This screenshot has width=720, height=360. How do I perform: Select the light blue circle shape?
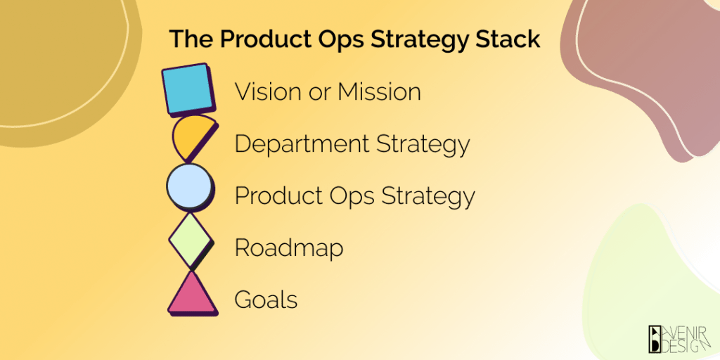coord(188,188)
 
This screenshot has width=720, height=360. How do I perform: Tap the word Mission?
coord(380,91)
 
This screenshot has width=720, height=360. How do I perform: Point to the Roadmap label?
coord(289,247)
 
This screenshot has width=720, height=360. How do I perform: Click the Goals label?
coord(266,300)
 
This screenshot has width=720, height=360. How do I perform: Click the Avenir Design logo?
coord(679,337)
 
